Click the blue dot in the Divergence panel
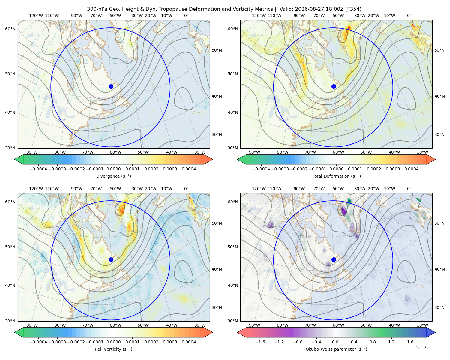[x=111, y=87]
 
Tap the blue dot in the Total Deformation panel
[x=334, y=87]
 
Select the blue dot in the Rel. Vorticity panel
[x=111, y=259]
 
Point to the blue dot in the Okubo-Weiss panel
[x=334, y=259]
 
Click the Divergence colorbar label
[x=113, y=176]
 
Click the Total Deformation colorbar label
[x=336, y=176]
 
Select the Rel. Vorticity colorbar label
[x=113, y=349]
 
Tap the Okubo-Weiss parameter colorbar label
[x=336, y=349]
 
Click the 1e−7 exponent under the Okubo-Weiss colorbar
[x=421, y=348]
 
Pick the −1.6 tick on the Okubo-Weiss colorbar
[x=260, y=342]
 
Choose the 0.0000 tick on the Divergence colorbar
[x=113, y=169]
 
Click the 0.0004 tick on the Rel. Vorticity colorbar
[x=189, y=342]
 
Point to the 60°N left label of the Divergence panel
[x=10, y=29]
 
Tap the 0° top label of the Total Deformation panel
[x=409, y=16]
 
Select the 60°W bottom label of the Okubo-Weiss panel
[x=338, y=325]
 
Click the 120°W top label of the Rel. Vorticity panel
[x=36, y=189]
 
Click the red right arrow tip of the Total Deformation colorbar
[x=435, y=159]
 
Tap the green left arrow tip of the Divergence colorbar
[x=15, y=159]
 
